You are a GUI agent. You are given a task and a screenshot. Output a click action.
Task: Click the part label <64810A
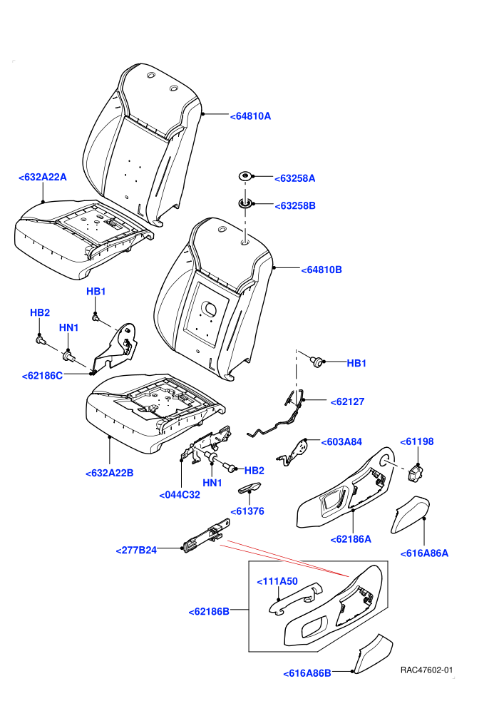pos(250,116)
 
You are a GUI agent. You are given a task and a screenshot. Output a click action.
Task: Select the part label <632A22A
pos(43,178)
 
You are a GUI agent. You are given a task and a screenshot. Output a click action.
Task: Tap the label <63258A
pos(294,178)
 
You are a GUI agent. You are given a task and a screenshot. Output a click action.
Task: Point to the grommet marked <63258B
pos(245,204)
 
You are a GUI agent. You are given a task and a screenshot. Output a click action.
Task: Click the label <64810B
pos(321,270)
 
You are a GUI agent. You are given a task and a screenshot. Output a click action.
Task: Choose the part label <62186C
pos(42,376)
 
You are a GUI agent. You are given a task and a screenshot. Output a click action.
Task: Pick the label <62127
pos(347,401)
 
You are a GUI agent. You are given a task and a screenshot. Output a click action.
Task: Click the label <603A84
pos(341,441)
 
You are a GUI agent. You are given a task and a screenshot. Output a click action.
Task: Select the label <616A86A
pos(424,553)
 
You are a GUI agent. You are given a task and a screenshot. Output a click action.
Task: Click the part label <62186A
pos(351,539)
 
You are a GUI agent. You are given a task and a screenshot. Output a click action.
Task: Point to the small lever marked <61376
pos(248,488)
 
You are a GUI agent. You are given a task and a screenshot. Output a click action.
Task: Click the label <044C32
pos(180,495)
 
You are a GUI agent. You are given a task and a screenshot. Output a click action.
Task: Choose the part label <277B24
pos(136,551)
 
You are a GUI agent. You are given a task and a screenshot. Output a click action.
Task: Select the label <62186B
pos(209,611)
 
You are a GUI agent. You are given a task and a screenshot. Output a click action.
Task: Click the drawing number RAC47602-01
pos(426,670)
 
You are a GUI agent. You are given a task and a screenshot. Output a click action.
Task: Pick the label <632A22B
pos(109,474)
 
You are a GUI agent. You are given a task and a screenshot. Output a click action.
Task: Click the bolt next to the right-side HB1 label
pos(317,361)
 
